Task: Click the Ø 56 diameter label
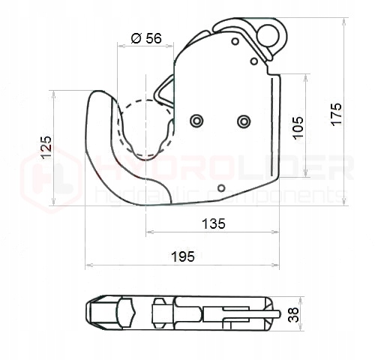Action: (146, 38)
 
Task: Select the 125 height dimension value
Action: (46, 147)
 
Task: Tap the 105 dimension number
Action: (298, 125)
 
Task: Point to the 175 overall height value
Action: (336, 113)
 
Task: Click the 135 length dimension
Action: (214, 223)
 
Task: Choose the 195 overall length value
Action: (182, 256)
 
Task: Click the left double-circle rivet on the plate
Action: (196, 121)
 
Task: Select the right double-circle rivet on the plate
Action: (243, 121)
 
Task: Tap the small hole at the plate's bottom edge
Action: (220, 187)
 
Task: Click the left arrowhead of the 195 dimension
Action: (88, 265)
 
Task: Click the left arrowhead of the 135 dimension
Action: (148, 232)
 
